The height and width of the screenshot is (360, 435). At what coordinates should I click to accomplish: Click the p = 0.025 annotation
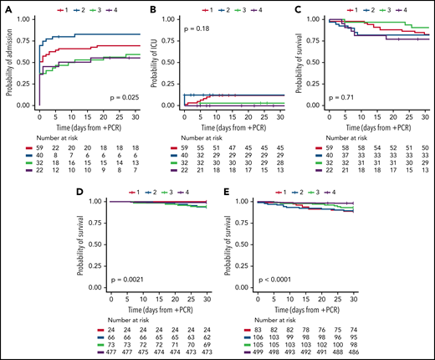(119, 98)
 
